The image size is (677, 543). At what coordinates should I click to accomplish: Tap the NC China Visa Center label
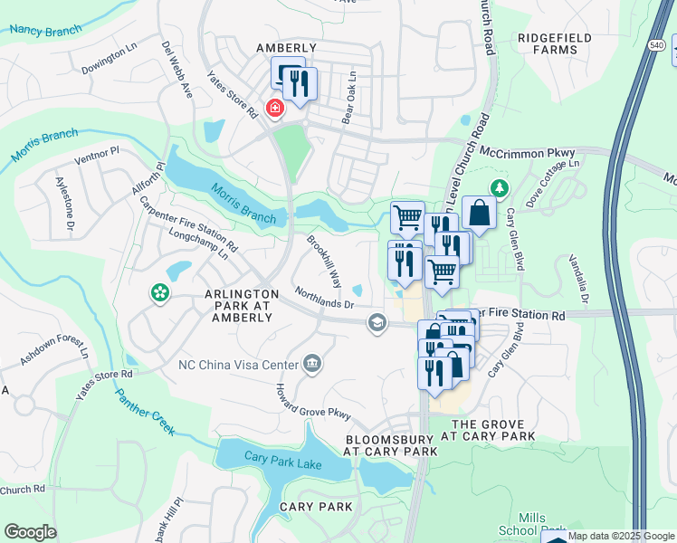coord(238,365)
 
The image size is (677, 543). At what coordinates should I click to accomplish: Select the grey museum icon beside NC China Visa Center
coord(313,364)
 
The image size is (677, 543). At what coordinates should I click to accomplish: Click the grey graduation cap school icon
coord(377,322)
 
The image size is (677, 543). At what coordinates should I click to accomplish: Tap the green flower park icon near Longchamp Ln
coord(159,292)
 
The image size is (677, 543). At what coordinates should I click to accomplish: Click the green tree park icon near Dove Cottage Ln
coord(497,187)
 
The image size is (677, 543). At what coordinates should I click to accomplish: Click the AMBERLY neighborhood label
coord(286,48)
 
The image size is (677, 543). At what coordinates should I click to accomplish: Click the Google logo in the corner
coord(30,532)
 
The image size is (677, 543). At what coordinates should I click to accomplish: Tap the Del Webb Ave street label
coord(177,68)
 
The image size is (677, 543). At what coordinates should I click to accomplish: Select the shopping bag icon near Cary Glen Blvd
coord(479,214)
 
